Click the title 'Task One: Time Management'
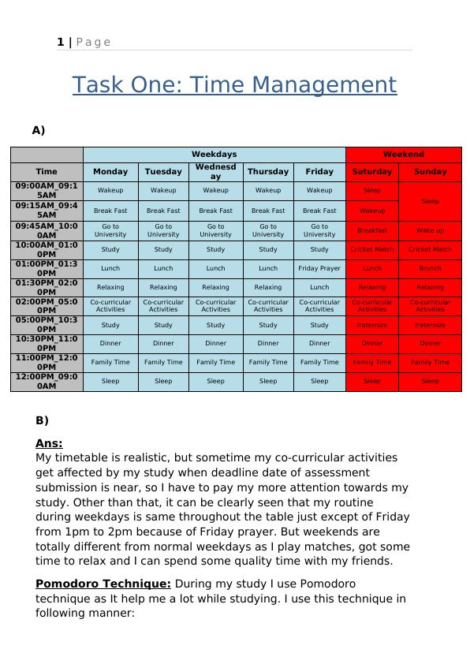(x=234, y=85)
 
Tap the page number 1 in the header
(x=61, y=42)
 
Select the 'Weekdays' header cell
(x=214, y=155)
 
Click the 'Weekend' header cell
(x=403, y=155)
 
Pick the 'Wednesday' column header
(x=215, y=172)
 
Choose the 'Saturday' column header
(x=372, y=172)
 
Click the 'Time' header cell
(x=47, y=172)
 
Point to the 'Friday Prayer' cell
(x=319, y=268)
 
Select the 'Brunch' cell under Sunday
(x=430, y=268)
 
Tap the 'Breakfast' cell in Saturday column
(x=372, y=230)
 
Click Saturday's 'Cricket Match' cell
(x=372, y=249)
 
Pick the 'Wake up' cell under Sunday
(x=430, y=230)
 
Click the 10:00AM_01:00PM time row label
(x=47, y=249)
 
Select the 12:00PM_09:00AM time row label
(x=47, y=382)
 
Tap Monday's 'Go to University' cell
(x=110, y=230)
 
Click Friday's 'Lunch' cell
(x=319, y=287)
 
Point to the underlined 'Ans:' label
(x=49, y=443)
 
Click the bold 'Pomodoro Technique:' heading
(x=103, y=584)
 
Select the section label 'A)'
(x=39, y=130)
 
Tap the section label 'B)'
(x=42, y=420)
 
